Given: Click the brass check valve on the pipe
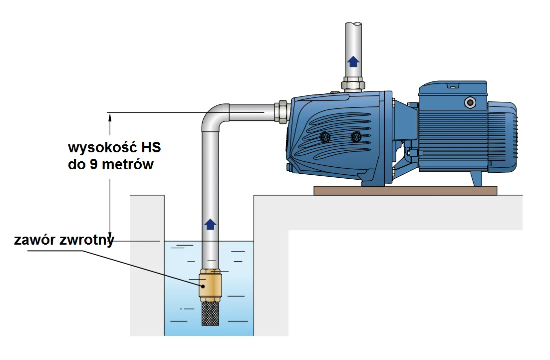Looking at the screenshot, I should pos(210,286).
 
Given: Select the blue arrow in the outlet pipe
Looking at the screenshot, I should pos(353,61).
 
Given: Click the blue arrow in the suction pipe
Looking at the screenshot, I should pos(210,224).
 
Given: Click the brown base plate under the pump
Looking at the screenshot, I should pos(405,190).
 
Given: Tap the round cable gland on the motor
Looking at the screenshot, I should pos(470,102).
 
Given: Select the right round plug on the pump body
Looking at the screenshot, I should pos(356,136).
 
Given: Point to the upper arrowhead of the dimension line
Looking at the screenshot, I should pos(109,116).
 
